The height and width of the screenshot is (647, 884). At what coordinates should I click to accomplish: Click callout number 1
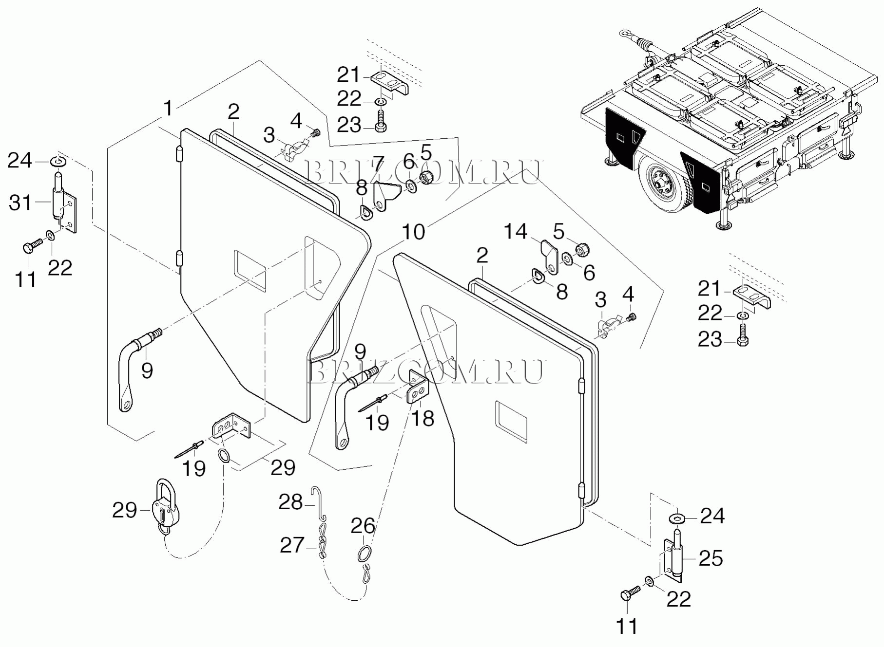[168, 109]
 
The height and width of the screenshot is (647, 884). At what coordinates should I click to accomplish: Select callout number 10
[413, 232]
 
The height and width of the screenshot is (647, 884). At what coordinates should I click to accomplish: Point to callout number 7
[379, 165]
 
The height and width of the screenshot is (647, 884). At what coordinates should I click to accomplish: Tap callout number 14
[515, 232]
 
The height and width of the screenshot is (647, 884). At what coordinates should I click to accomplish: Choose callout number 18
[423, 418]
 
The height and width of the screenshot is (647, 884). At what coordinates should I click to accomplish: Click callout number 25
[711, 558]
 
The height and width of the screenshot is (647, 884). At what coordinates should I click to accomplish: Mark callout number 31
[20, 203]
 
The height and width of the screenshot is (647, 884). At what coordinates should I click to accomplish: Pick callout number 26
[363, 526]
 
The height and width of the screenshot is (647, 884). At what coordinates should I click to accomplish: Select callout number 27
[292, 545]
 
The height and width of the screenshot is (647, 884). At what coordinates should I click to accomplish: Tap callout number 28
[290, 502]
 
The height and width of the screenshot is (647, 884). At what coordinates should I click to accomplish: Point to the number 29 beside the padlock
[124, 511]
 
